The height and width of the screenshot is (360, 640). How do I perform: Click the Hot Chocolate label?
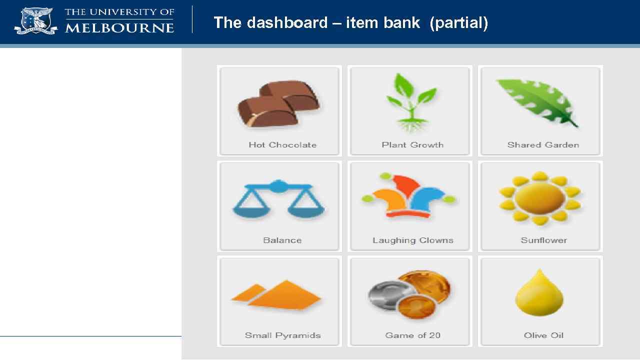pos(282,145)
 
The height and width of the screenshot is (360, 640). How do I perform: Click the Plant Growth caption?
pos(412,145)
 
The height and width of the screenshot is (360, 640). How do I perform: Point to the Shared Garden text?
pos(543,145)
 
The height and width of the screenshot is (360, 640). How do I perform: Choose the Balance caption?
pos(282,240)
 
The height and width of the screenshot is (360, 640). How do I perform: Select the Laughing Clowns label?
pos(412,240)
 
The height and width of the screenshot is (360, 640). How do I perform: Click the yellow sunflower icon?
pos(539,198)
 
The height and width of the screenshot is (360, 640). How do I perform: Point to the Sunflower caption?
pos(543,240)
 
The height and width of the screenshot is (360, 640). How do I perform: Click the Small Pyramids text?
pos(282,335)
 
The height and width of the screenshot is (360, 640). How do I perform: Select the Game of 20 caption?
pos(412,335)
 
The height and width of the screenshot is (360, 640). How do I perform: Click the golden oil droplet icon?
pos(539,293)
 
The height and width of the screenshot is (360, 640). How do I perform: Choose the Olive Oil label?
pos(543,335)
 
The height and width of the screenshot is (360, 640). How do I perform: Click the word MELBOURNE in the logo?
pos(119,28)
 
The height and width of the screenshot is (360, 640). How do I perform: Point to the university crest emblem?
pos(35,21)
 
